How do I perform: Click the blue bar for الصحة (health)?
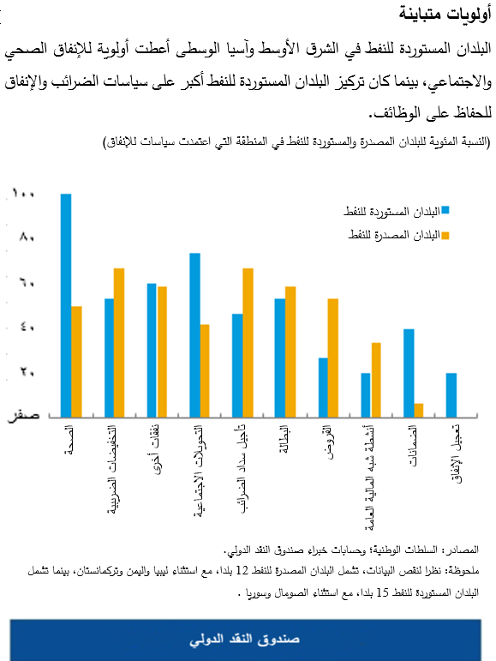click(x=66, y=304)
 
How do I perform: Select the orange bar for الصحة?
click(x=77, y=361)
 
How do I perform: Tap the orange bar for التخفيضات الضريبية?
click(x=120, y=342)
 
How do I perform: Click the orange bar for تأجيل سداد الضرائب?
click(x=248, y=342)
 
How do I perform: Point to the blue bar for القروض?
click(x=323, y=387)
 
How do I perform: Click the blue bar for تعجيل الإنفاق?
click(x=451, y=394)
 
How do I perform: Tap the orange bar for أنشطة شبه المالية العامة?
click(x=376, y=379)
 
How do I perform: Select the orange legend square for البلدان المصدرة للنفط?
click(x=445, y=233)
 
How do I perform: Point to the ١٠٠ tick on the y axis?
click(x=24, y=195)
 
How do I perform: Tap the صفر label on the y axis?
click(x=23, y=416)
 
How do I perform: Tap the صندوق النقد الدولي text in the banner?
click(x=248, y=640)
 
